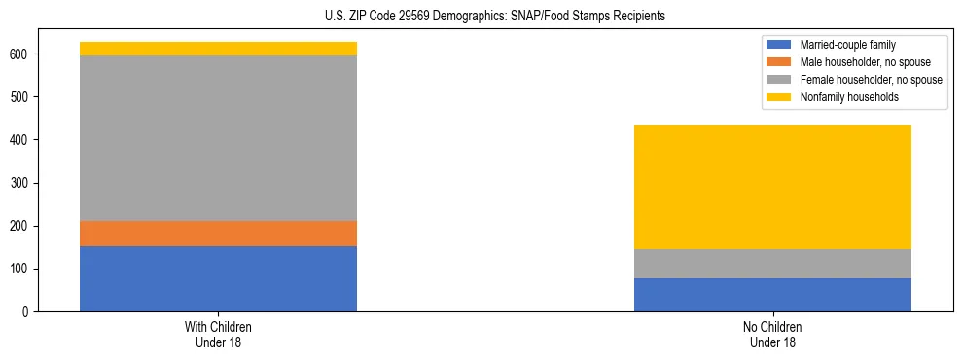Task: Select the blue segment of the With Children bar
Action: click(218, 278)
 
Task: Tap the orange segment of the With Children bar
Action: click(218, 234)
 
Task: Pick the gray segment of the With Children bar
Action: click(218, 138)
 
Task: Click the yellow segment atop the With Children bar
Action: click(218, 49)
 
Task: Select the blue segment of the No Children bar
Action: click(772, 295)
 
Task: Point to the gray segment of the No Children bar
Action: click(772, 264)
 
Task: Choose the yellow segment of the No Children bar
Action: click(772, 187)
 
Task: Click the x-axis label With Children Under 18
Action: click(218, 334)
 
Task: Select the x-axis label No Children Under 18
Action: click(772, 334)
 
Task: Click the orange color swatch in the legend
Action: click(779, 62)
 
